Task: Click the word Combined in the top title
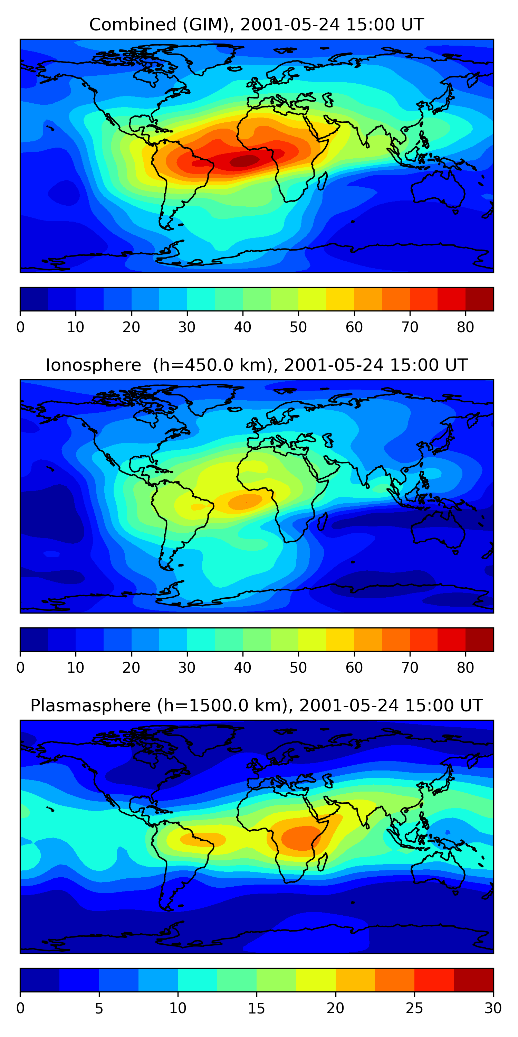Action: tap(132, 25)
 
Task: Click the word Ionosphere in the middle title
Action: tap(93, 365)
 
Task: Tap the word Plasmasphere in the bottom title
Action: tap(90, 706)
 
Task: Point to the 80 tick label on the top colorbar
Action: tap(465, 327)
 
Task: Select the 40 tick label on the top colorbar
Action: tap(242, 327)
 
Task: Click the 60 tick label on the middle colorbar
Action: tap(354, 668)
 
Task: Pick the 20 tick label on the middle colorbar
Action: tap(131, 668)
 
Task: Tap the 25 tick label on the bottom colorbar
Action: tap(414, 1008)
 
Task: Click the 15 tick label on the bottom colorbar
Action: tap(256, 1008)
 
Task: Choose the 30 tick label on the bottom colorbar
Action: tap(493, 1008)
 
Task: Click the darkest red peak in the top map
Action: tap(244, 161)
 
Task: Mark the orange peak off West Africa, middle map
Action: tap(244, 502)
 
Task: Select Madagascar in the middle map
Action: tap(322, 522)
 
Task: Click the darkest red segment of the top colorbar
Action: tap(479, 299)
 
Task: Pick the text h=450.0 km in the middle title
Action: tap(213, 365)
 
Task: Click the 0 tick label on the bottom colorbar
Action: tap(20, 1008)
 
